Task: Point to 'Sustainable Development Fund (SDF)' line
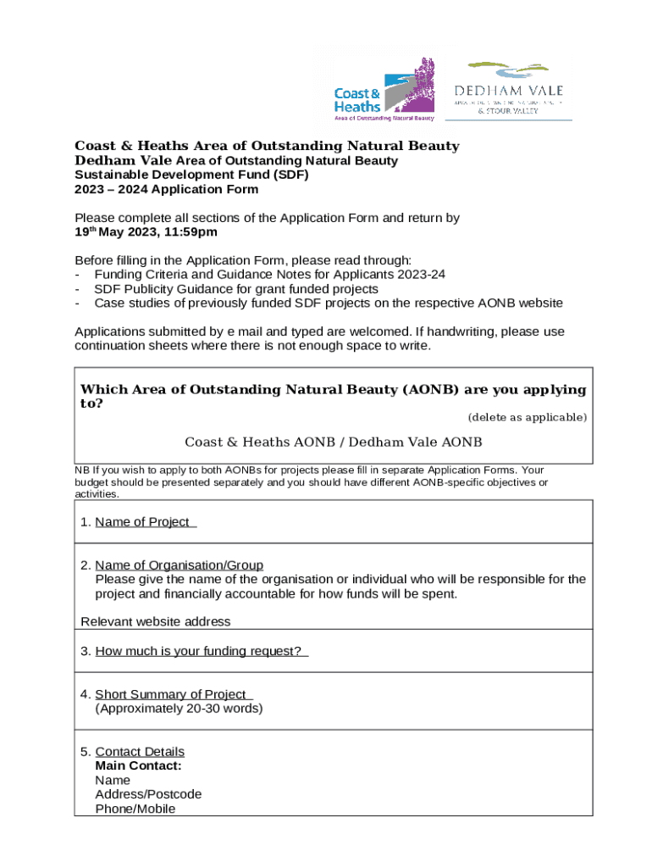click(192, 175)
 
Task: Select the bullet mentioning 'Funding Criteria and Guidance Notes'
click(269, 275)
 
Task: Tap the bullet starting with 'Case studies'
click(329, 303)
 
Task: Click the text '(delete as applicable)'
click(527, 417)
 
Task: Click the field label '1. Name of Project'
click(138, 522)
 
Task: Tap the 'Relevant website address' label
click(155, 622)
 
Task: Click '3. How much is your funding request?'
click(194, 652)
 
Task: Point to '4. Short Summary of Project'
click(167, 694)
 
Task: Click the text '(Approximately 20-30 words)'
click(179, 709)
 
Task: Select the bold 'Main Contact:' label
click(138, 766)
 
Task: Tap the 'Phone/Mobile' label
click(135, 810)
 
